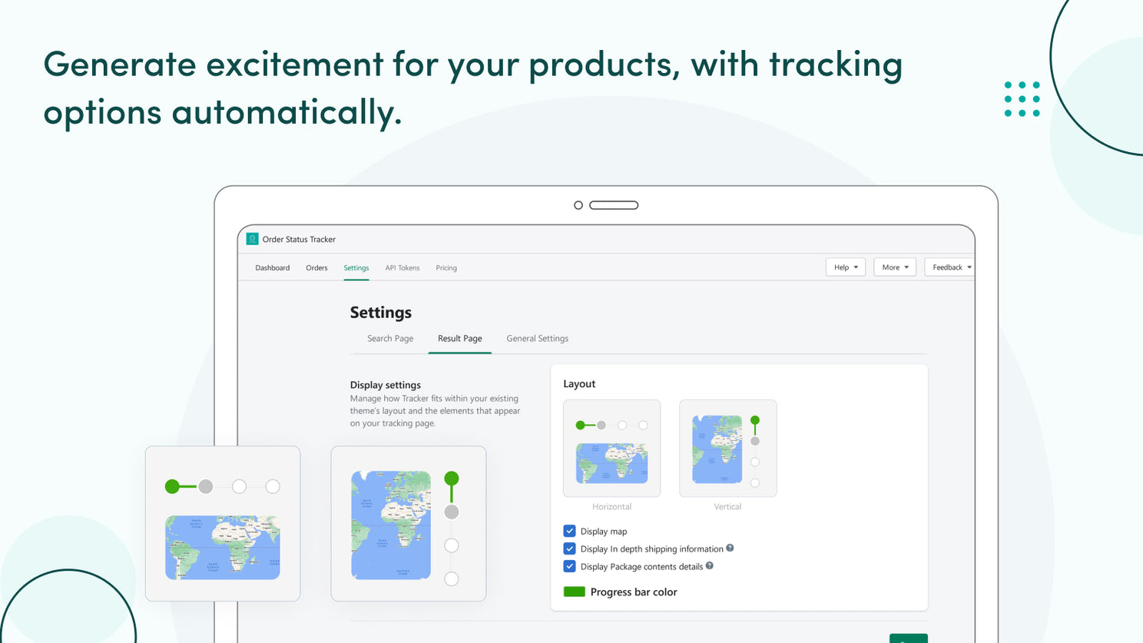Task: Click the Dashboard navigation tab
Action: [272, 268]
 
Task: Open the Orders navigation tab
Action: [316, 268]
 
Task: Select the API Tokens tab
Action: [402, 268]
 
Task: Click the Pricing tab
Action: [446, 268]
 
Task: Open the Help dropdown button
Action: [845, 267]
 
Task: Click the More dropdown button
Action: [894, 267]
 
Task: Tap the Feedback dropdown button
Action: [950, 267]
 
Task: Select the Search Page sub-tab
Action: [389, 339]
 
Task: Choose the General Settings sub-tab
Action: [537, 339]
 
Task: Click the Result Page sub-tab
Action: [459, 339]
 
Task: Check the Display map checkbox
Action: [569, 531]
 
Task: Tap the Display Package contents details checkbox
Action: [569, 567]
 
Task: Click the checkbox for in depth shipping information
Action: [569, 549]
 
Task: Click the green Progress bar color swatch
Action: [574, 592]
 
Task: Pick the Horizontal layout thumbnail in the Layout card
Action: [611, 449]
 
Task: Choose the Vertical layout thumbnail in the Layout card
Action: [727, 449]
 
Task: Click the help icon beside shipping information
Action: [730, 548]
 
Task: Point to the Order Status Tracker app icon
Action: [252, 239]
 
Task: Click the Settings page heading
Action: [380, 313]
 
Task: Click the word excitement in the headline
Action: [294, 64]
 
